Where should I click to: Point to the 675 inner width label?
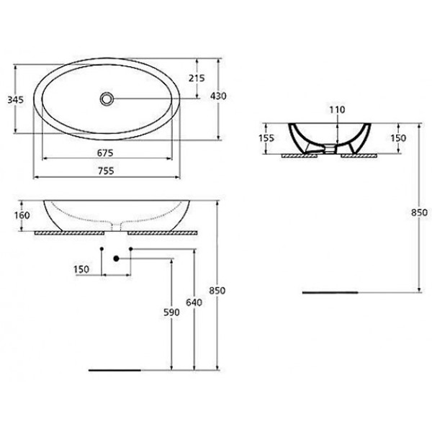coord(107,152)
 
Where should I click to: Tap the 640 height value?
coord(192,303)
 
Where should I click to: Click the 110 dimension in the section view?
coord(338,109)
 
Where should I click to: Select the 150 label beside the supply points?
coord(81,269)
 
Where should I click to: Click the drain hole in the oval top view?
coord(107,98)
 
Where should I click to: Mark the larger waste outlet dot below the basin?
coord(115,258)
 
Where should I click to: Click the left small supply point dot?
coord(102,249)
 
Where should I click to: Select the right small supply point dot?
coord(130,249)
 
